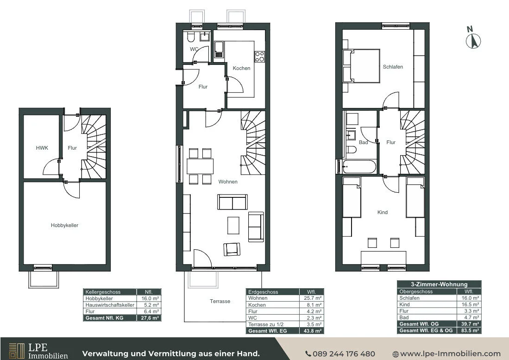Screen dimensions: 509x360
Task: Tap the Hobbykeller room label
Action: [64, 225]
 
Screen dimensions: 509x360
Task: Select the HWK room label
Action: [42, 148]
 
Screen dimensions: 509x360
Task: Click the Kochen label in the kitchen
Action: [241, 68]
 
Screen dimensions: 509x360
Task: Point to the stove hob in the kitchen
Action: [259, 57]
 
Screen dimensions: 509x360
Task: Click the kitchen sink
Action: [219, 49]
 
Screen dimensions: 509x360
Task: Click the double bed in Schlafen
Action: [362, 66]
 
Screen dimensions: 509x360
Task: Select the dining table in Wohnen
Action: [200, 166]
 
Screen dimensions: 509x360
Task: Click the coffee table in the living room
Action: [233, 225]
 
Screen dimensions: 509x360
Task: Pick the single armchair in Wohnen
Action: [232, 249]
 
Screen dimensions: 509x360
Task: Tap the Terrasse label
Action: [220, 301]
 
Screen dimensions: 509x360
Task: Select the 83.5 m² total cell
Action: [469, 330]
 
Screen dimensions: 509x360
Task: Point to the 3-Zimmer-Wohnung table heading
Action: [439, 284]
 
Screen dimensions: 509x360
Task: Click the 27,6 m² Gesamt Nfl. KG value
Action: [149, 318]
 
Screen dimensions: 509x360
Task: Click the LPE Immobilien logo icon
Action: [17, 351]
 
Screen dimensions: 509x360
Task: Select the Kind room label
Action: [383, 212]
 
